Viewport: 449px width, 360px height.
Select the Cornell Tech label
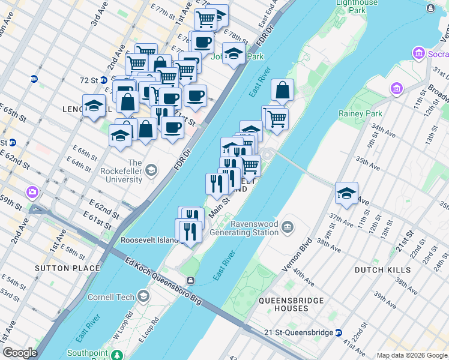pos(113,296)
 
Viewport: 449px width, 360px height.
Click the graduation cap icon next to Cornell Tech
pos(143,296)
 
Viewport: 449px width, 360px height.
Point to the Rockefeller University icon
pos(151,170)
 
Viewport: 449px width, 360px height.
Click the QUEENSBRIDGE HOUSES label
pos(291,304)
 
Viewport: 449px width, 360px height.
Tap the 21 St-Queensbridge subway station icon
pos(339,332)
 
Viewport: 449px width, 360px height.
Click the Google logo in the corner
pos(20,353)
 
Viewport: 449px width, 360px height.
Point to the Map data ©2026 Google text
pos(412,355)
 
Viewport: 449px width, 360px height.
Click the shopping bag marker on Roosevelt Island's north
pos(282,91)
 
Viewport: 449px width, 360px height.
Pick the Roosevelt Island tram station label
pos(150,240)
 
